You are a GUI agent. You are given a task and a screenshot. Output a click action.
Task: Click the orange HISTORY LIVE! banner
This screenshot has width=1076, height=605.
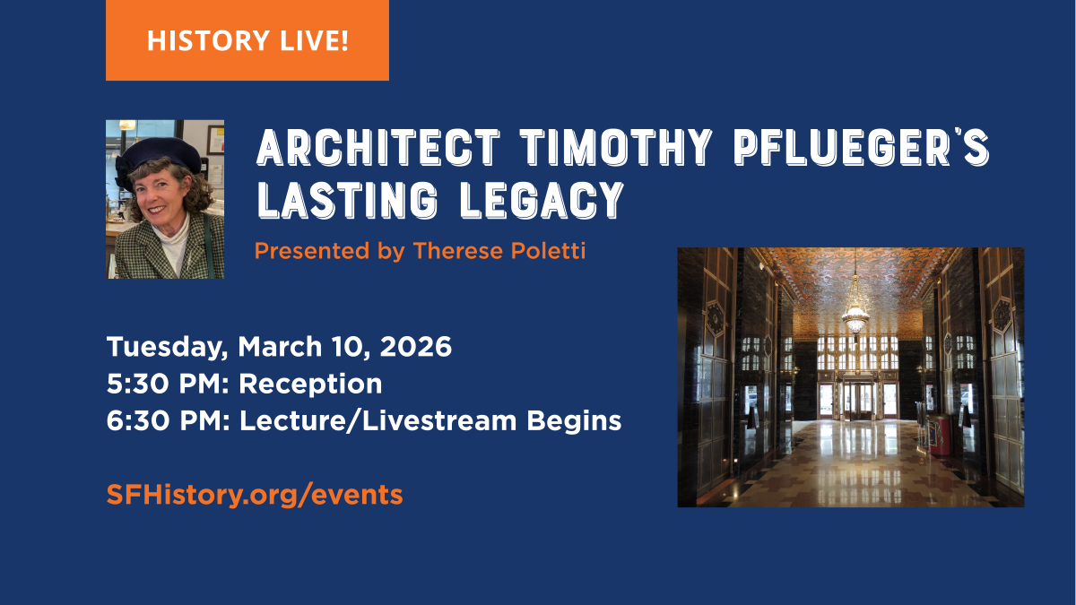(247, 40)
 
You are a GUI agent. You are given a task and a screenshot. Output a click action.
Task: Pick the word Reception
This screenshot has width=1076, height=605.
(310, 385)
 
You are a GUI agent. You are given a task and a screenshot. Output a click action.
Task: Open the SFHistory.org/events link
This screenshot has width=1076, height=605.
(255, 494)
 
